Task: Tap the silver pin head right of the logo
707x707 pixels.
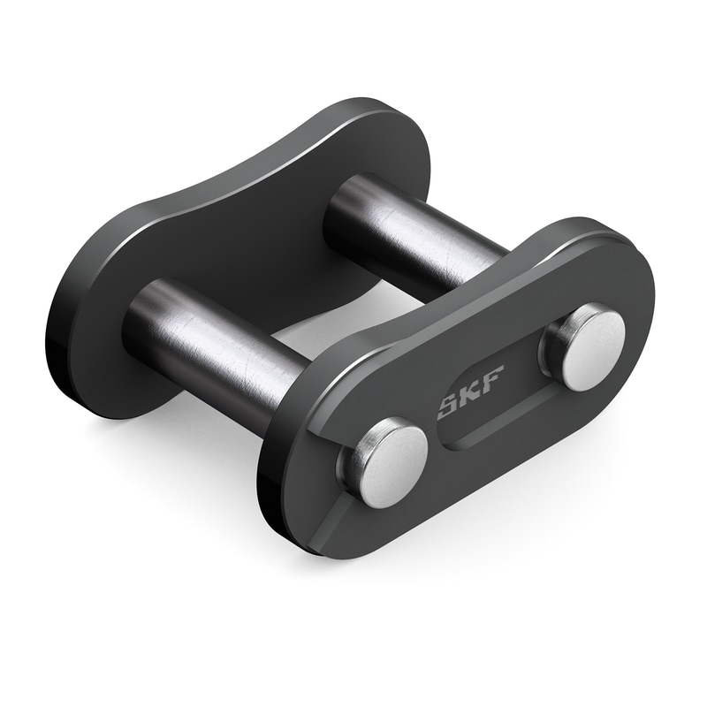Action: point(586,347)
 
